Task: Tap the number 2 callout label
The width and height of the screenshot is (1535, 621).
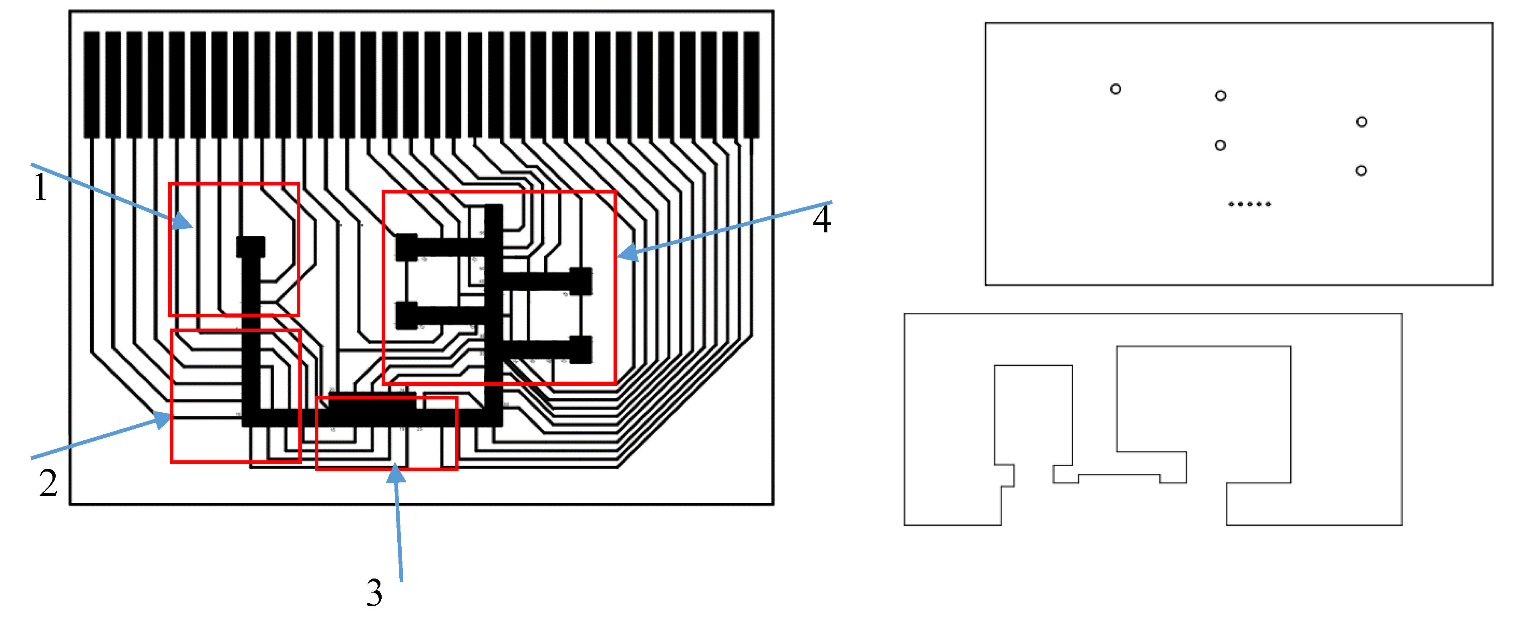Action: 48,483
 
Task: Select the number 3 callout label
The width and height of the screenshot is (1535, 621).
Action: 374,593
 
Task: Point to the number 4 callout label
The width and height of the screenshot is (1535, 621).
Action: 822,219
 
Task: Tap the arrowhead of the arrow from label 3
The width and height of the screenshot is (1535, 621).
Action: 396,474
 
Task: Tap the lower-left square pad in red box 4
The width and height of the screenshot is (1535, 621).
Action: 407,315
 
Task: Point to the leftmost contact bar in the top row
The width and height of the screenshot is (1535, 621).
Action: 92,85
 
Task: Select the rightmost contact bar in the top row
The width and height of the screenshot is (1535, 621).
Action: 751,85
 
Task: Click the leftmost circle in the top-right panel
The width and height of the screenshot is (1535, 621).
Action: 1115,89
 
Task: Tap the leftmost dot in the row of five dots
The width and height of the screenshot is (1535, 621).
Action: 1231,204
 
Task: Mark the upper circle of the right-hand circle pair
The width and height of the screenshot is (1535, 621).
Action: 1362,121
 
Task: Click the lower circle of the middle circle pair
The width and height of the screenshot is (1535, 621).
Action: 1220,145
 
